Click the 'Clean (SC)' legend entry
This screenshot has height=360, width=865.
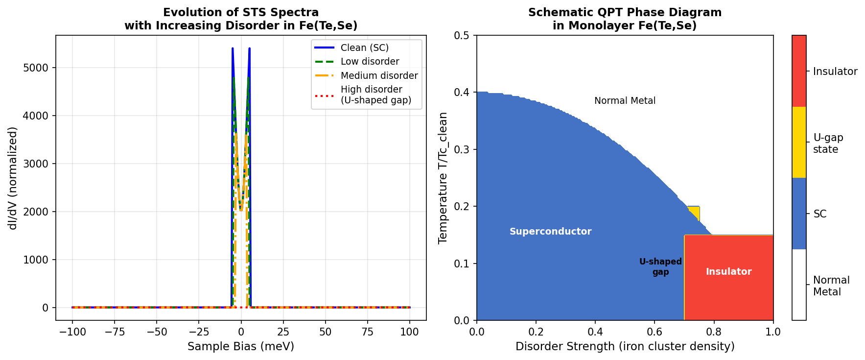pyautogui.click(x=364, y=48)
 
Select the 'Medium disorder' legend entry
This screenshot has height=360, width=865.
pyautogui.click(x=379, y=75)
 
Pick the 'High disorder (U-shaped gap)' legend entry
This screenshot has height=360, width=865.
pyautogui.click(x=375, y=95)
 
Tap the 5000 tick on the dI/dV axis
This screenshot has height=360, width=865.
pyautogui.click(x=36, y=68)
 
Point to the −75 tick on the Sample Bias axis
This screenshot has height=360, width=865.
pyautogui.click(x=115, y=332)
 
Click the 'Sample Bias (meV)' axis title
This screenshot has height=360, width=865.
pyautogui.click(x=241, y=347)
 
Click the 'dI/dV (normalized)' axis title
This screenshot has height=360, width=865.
pyautogui.click(x=13, y=178)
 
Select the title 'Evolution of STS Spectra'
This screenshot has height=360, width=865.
pyautogui.click(x=241, y=13)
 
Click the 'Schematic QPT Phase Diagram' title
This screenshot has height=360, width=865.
pyautogui.click(x=625, y=13)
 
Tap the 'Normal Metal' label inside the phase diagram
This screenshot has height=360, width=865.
pyautogui.click(x=625, y=101)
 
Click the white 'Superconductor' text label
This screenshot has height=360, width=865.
pyautogui.click(x=550, y=232)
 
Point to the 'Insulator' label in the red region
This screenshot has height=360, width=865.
pyautogui.click(x=728, y=272)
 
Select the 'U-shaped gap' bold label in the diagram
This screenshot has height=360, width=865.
pyautogui.click(x=660, y=267)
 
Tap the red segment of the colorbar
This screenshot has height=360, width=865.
pyautogui.click(x=799, y=71)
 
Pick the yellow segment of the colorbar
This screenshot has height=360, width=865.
pyautogui.click(x=799, y=143)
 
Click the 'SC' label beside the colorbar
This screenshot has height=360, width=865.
pyautogui.click(x=819, y=214)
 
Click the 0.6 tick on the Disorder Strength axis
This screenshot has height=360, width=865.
pyautogui.click(x=655, y=332)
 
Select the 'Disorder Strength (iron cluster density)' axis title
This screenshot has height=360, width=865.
pyautogui.click(x=625, y=347)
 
